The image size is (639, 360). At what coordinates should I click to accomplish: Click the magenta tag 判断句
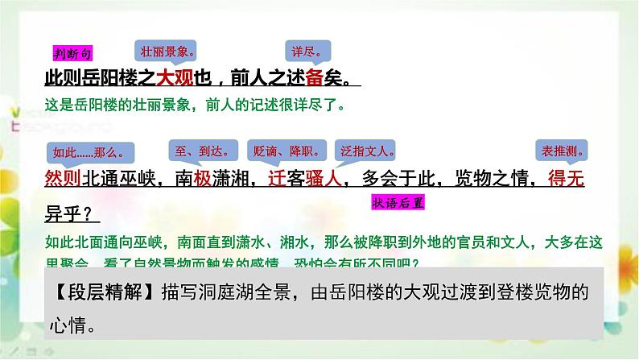click(72, 53)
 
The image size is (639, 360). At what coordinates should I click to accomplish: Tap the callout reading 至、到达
click(196, 151)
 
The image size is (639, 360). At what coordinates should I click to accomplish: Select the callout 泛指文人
click(368, 151)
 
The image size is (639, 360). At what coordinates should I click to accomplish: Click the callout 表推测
click(560, 151)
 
